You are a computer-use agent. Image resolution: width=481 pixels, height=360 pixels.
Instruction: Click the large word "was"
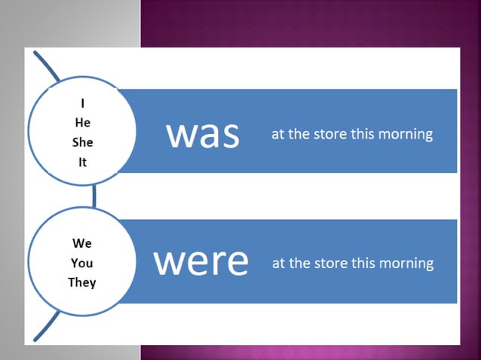pyautogui.click(x=203, y=134)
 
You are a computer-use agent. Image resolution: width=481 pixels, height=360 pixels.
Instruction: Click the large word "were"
pyautogui.click(x=201, y=261)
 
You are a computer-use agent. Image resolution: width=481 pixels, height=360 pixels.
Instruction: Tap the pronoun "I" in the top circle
pyautogui.click(x=82, y=105)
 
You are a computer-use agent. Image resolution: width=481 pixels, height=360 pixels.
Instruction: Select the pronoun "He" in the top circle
pyautogui.click(x=82, y=124)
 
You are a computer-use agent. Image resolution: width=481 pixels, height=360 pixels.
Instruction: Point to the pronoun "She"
pyautogui.click(x=82, y=142)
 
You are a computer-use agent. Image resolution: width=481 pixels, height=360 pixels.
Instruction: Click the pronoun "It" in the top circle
pyautogui.click(x=82, y=161)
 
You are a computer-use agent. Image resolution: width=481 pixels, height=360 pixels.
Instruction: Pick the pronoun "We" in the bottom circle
pyautogui.click(x=82, y=243)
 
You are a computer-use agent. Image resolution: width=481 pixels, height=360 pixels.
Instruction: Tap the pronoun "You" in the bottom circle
pyautogui.click(x=82, y=263)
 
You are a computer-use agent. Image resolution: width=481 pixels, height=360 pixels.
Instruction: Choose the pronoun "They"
pyautogui.click(x=82, y=282)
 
